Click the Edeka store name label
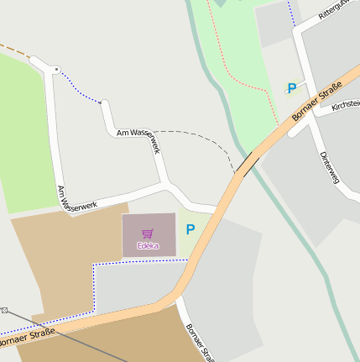[x=148, y=246]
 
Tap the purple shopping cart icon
[x=148, y=233]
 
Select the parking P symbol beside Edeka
[x=190, y=228]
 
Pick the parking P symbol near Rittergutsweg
[x=292, y=87]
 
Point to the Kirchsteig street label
[x=346, y=105]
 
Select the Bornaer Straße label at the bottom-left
[x=27, y=338]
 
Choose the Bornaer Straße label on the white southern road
[x=201, y=341]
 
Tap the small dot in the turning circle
[x=56, y=68]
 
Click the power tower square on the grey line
[x=3, y=310]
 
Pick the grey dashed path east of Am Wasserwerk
[x=214, y=142]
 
